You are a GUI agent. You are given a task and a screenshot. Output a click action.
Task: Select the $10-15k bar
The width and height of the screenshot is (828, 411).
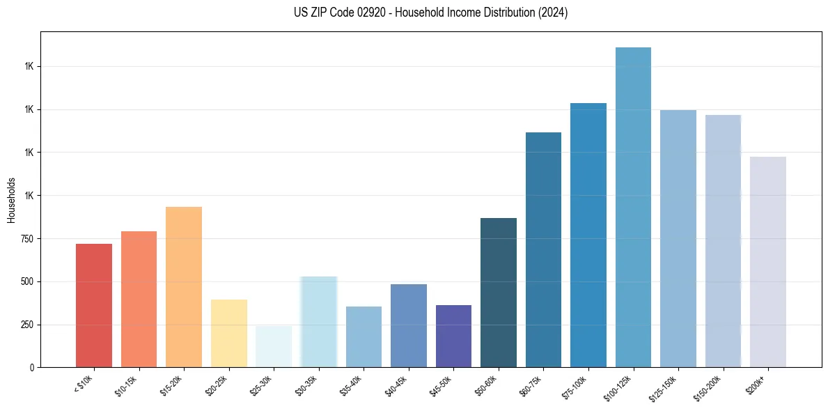click(x=139, y=299)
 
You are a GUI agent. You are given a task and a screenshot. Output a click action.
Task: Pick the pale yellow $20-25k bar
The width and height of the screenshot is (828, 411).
click(x=228, y=333)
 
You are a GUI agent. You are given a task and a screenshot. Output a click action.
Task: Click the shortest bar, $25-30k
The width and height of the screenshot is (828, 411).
click(x=274, y=346)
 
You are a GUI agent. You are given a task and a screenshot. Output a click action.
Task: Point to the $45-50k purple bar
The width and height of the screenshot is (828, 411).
click(x=453, y=336)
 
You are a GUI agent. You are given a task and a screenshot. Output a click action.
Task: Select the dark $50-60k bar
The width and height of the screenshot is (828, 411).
click(x=498, y=293)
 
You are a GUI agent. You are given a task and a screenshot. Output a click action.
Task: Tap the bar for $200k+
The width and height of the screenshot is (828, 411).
click(x=767, y=262)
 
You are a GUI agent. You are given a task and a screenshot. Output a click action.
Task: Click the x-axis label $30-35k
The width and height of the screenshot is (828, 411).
click(x=306, y=385)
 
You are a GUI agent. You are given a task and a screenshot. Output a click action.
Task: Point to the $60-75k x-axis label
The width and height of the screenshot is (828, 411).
click(x=530, y=385)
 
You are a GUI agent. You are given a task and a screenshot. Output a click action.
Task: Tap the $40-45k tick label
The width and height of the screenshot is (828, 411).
click(x=396, y=385)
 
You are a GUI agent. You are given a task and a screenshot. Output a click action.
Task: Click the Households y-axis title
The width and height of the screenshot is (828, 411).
click(x=11, y=200)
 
